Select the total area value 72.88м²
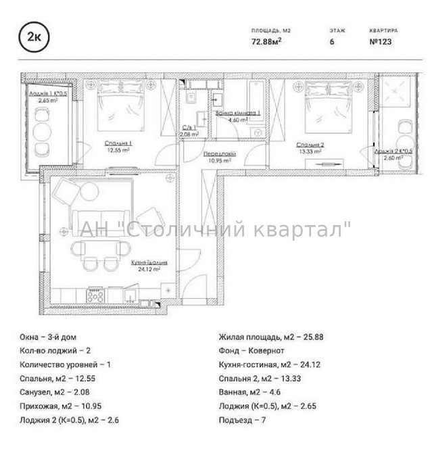tap(266, 41)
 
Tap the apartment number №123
tap(381, 41)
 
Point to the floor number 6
tap(331, 41)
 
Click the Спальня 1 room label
tap(118, 143)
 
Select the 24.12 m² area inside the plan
tap(149, 268)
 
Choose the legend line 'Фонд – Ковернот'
tap(251, 350)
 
